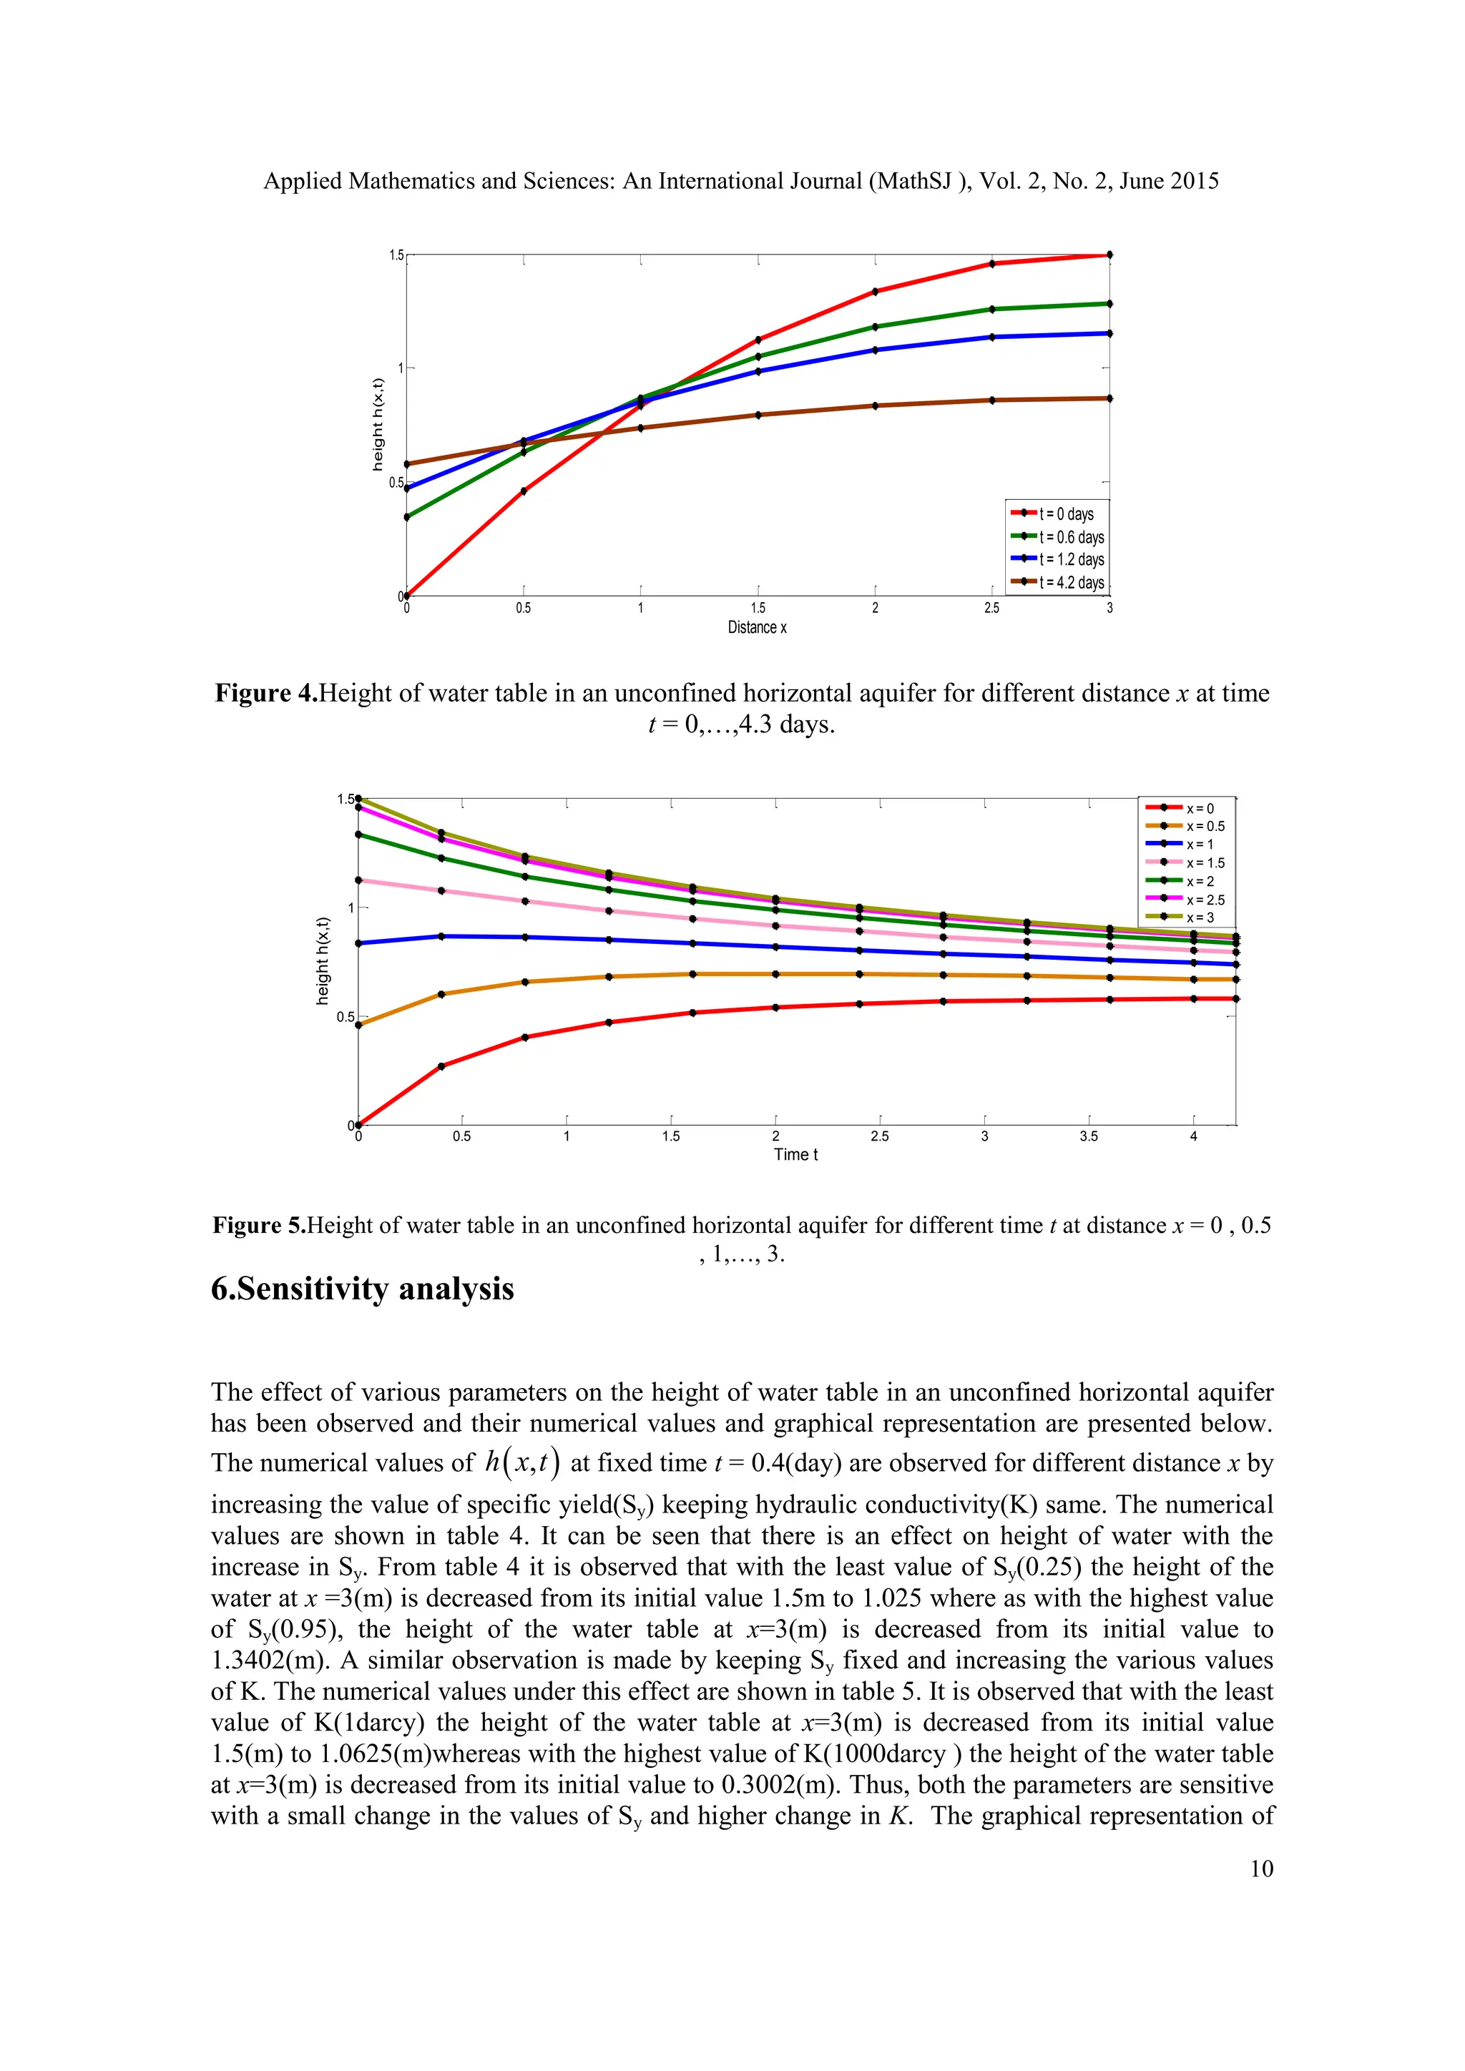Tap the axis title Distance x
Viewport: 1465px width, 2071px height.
coord(757,628)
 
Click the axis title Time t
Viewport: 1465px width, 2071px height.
coord(795,1154)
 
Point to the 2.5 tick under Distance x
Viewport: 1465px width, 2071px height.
coord(991,609)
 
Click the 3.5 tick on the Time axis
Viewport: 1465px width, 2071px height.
coord(1089,1136)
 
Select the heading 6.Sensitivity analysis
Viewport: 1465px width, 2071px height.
coord(362,1289)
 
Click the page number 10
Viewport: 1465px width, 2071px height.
coord(1261,1868)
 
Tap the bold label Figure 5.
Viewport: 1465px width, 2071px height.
coord(260,1225)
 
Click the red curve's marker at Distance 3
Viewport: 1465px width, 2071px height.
coord(1109,255)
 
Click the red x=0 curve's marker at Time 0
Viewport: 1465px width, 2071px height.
coord(358,1125)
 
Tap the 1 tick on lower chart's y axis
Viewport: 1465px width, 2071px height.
coord(351,907)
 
